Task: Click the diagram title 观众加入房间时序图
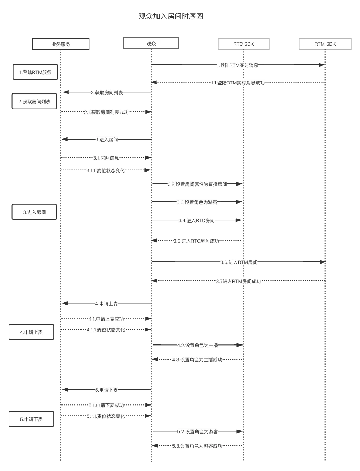coord(171,17)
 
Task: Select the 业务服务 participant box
coord(61,44)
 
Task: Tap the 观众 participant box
coord(151,43)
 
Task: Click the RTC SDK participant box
coord(243,44)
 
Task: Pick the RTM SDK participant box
coord(325,44)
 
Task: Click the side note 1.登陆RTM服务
coord(36,72)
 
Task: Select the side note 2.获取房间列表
coord(34,101)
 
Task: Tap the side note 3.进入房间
coord(34,212)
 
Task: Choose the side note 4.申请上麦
coord(31,332)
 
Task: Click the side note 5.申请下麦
coord(31,419)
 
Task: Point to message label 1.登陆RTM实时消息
coord(237,65)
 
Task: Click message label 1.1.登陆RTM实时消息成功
coord(238,83)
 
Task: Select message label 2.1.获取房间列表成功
coord(106,112)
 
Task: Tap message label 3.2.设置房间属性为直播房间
coord(197,184)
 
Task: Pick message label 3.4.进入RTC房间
coord(197,220)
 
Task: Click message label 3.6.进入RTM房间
coord(239,262)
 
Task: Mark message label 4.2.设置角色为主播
coord(198,345)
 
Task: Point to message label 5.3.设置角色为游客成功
coord(197,446)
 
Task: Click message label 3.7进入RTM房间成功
coord(239,281)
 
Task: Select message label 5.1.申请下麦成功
coord(106,405)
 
